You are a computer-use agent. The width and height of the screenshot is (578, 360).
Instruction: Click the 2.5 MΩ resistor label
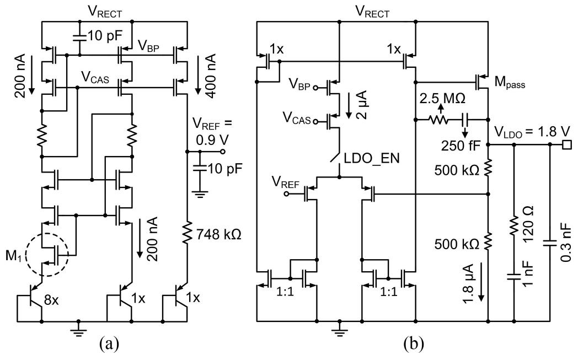tap(443, 101)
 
